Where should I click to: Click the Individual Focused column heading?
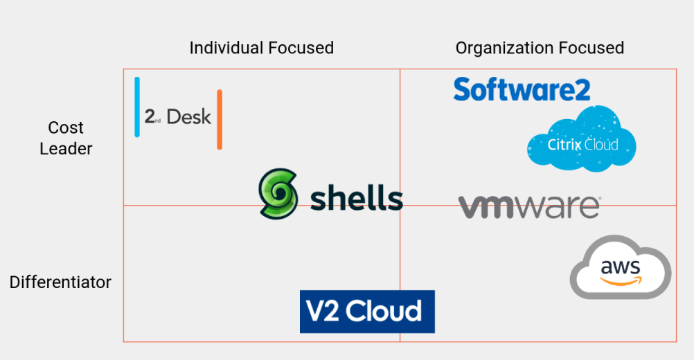[261, 48]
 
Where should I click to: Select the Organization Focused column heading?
[540, 48]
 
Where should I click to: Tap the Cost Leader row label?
[66, 138]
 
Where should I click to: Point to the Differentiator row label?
[60, 282]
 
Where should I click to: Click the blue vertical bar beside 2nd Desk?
[137, 107]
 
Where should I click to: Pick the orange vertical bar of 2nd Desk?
[220, 119]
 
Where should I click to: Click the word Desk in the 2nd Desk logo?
[188, 117]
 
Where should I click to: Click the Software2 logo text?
[522, 89]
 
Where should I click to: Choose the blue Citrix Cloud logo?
[582, 141]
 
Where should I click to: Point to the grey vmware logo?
[529, 206]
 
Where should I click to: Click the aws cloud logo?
[621, 269]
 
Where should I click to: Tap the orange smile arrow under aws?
[622, 280]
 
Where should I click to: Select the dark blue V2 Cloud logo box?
[367, 312]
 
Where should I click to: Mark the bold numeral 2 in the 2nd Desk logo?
[149, 116]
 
